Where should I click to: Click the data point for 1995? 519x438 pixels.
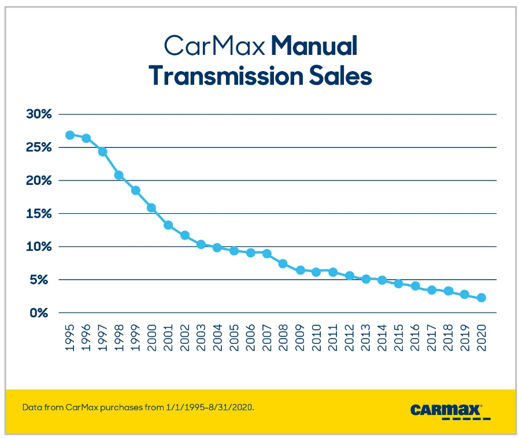coord(70,135)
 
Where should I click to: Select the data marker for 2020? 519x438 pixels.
coord(481,298)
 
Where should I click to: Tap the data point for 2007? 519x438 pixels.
coord(267,254)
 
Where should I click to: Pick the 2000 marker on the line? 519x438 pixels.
coord(151,207)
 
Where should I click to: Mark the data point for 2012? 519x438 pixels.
coord(350,276)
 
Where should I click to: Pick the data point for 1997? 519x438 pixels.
coord(102,152)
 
